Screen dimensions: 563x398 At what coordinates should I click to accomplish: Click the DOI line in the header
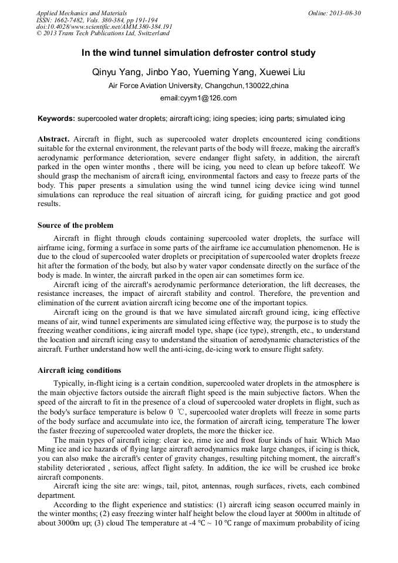104,26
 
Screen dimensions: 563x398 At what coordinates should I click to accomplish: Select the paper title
198,53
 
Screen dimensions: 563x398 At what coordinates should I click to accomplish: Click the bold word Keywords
56,119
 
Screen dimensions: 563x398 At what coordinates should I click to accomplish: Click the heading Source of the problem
75,225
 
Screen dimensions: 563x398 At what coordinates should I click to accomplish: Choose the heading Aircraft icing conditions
79,370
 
